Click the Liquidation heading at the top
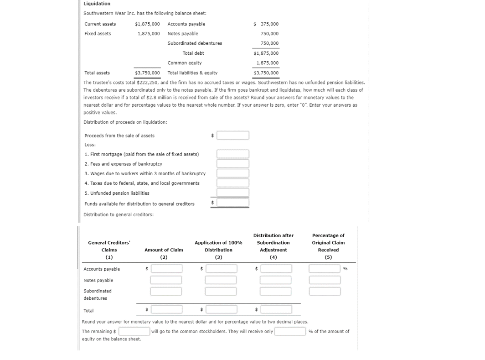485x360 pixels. tap(97, 4)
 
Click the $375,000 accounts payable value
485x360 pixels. tap(266, 24)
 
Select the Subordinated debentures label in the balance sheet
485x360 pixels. tap(195, 43)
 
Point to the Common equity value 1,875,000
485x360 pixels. tap(267, 63)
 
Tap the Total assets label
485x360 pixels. tap(97, 73)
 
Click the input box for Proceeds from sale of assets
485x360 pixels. tap(232, 136)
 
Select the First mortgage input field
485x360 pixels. tap(232, 154)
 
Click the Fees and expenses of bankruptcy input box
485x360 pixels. tap(232, 164)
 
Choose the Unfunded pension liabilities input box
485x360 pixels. tap(232, 193)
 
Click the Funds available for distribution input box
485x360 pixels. tap(232, 203)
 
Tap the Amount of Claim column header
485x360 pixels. tap(164, 250)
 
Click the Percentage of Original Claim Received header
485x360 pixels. tap(328, 243)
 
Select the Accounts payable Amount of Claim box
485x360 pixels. tap(166, 269)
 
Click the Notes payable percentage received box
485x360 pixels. tap(325, 280)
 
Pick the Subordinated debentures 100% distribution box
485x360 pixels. tap(221, 291)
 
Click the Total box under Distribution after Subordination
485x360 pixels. tap(276, 309)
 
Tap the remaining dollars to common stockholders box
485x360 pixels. tap(134, 331)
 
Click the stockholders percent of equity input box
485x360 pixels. tap(290, 331)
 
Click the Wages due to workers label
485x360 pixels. tap(145, 174)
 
